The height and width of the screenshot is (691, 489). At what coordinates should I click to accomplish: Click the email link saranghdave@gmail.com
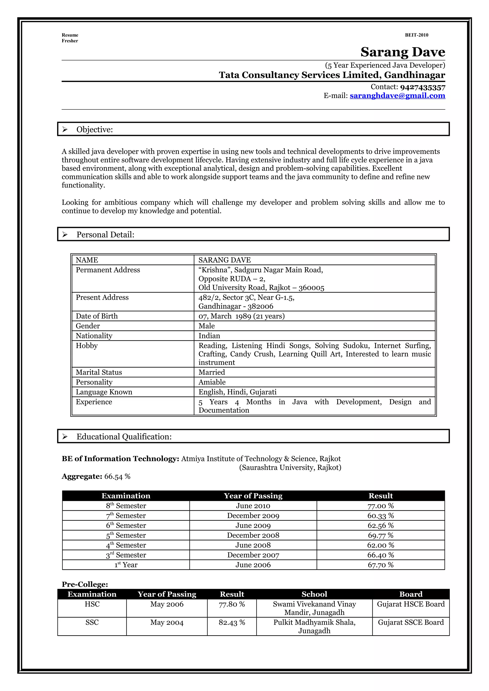397,96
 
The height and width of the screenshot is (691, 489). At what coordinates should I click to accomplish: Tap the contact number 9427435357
422,87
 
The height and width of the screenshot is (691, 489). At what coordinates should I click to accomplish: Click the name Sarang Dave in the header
403,52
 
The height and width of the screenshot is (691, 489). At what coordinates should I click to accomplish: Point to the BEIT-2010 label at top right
416,35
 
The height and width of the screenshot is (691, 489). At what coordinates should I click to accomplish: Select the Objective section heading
95,129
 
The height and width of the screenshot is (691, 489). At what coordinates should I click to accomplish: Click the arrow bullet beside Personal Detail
65,234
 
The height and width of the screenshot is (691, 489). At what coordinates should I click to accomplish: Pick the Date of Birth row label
96,316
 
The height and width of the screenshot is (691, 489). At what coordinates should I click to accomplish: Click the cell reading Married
212,372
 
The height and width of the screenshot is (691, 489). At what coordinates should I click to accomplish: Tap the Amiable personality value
212,382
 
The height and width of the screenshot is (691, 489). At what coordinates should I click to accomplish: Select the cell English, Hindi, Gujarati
237,392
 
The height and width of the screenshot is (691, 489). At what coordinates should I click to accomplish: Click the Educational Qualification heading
124,437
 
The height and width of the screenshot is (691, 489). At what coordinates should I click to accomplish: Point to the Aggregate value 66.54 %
117,476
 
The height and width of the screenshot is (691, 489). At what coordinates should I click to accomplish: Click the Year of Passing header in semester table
253,496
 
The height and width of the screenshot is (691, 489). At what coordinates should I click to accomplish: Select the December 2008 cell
253,535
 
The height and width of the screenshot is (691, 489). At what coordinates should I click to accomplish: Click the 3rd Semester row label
126,555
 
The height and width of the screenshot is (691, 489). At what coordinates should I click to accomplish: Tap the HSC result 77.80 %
232,604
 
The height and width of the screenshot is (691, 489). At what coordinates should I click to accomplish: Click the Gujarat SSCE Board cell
411,622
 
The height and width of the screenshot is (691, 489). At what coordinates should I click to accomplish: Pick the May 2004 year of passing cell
167,622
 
